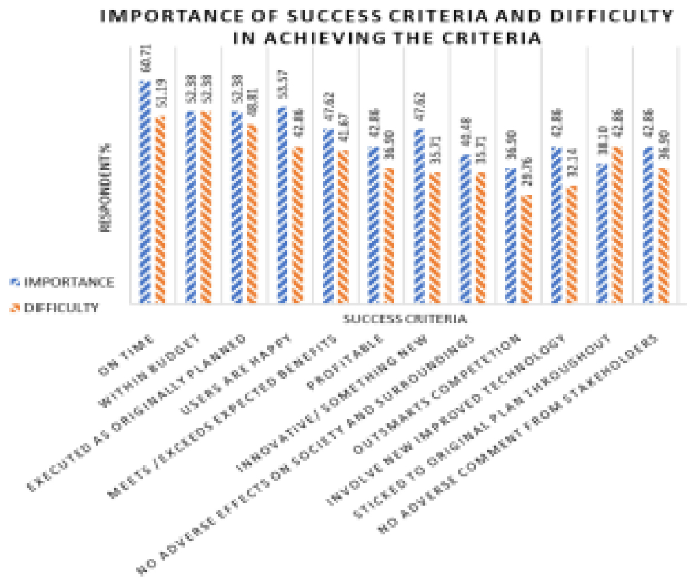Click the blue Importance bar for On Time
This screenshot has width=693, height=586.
point(144,192)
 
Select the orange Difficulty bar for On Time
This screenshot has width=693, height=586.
point(160,210)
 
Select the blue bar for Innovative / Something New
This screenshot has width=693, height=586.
point(418,216)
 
